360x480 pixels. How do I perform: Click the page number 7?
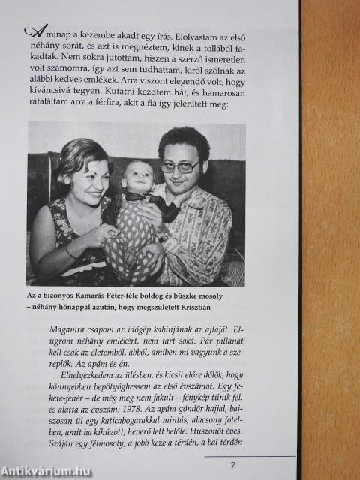[x=232, y=465]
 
